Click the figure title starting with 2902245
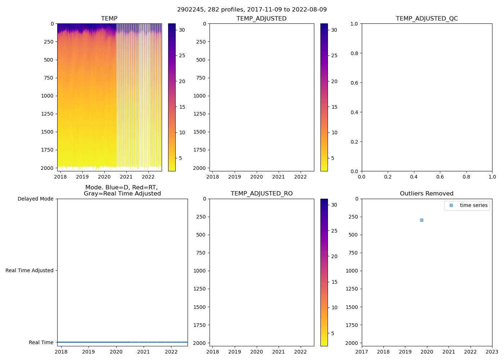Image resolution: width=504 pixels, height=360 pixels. (252, 10)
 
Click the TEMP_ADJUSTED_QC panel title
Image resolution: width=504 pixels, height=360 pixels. (427, 19)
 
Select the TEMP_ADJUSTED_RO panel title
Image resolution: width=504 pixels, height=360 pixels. (262, 194)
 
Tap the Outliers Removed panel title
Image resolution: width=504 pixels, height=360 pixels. (427, 194)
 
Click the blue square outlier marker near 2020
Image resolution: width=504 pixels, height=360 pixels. (422, 220)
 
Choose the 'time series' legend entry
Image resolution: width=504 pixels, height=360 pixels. (473, 206)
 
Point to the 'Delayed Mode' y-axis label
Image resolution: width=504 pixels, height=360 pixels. (35, 199)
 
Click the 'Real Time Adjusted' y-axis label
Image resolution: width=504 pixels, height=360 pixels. (29, 271)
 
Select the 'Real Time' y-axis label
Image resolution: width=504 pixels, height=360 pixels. (41, 343)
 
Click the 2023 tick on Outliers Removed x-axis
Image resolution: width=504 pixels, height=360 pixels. (492, 352)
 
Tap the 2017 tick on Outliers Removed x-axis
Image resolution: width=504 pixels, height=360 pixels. (362, 352)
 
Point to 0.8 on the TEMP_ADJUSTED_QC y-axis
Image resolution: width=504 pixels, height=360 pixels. (354, 53)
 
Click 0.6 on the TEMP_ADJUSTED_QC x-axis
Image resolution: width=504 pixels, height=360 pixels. (440, 177)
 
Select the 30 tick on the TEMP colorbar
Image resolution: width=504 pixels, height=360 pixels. (182, 30)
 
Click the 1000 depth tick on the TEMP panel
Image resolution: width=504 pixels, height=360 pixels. (47, 96)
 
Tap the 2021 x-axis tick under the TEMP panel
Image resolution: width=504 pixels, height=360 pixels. (126, 177)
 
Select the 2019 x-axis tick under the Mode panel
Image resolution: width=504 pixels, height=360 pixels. (89, 352)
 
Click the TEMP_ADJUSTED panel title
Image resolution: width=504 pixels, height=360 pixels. (262, 19)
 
